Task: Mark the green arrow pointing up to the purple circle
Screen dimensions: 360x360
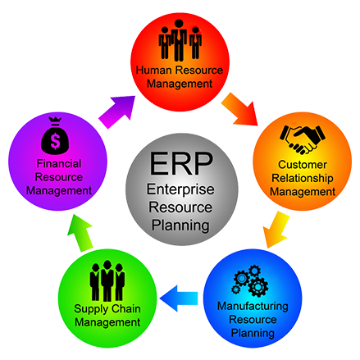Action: [x=77, y=230]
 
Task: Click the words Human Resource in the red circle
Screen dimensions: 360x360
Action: [x=179, y=71]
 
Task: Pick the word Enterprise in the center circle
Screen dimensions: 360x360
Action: [x=179, y=190]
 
